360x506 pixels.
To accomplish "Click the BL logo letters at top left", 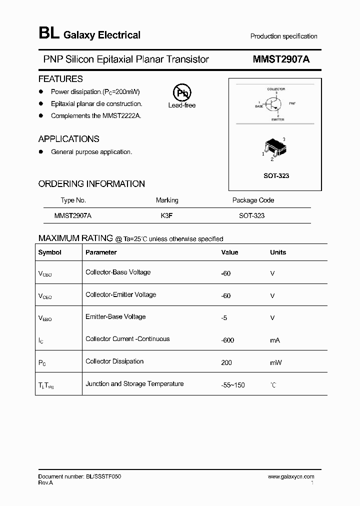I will click(x=48, y=34).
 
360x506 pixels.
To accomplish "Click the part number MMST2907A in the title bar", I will click(x=281, y=59).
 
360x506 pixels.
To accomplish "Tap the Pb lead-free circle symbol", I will click(x=181, y=93).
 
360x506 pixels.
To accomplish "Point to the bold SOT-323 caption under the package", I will click(x=276, y=176).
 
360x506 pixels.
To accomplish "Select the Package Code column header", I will click(x=253, y=200).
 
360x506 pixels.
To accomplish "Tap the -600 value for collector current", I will click(x=228, y=340).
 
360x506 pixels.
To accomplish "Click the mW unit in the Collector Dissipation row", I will click(x=275, y=362).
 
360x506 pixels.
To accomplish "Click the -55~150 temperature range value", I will click(x=233, y=385).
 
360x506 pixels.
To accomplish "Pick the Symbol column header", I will click(x=49, y=252).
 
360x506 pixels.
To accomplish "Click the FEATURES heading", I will click(x=60, y=79).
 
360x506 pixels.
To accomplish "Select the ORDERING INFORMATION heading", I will click(x=91, y=184).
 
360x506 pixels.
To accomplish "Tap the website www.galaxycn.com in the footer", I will click(x=291, y=476).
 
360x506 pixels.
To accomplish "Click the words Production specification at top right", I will click(x=283, y=36).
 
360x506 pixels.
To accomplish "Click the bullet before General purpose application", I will click(x=41, y=152).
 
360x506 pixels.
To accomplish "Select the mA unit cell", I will click(x=275, y=340).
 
